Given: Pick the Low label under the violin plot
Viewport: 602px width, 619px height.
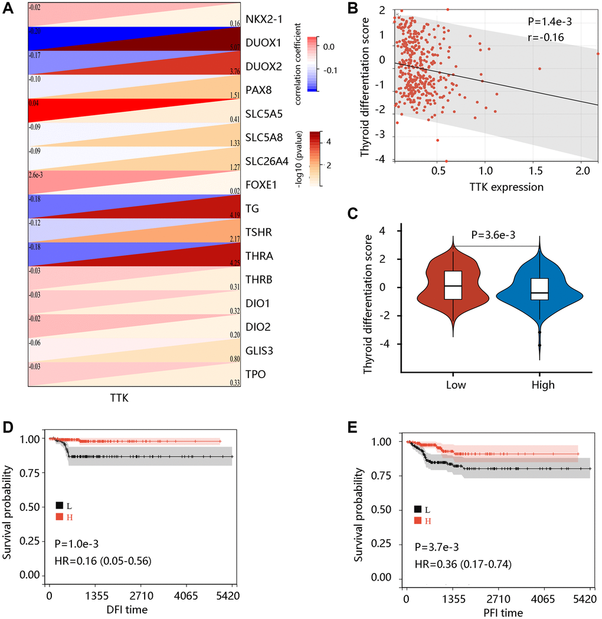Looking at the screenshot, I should [454, 385].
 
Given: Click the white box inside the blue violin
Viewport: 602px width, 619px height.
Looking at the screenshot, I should [540, 289].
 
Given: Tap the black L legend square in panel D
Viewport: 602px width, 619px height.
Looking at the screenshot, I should [60, 505].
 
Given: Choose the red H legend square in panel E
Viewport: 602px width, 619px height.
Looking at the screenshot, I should [418, 520].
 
